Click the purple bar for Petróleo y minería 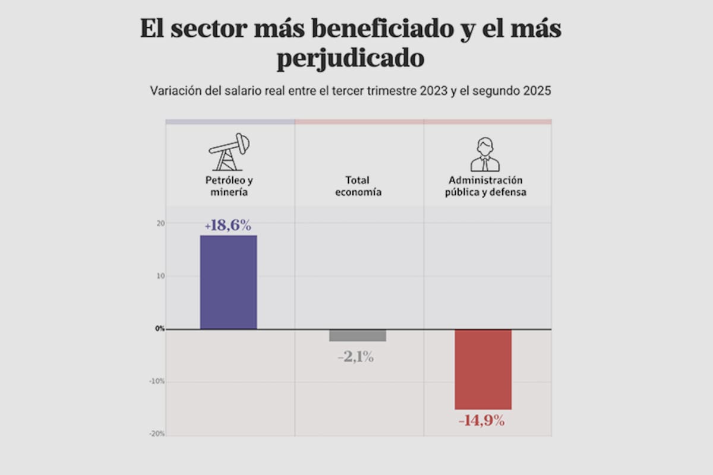tap(228, 282)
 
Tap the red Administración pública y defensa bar tap(483, 369)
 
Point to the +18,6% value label tap(228, 226)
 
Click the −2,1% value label tap(355, 357)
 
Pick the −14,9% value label tap(481, 422)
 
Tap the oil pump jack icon tap(229, 152)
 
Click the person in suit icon tap(485, 155)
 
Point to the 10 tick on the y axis tap(161, 276)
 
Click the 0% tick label tap(160, 328)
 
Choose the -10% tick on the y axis tap(157, 381)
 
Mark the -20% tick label tap(157, 434)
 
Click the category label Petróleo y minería tap(228, 186)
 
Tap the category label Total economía tap(358, 186)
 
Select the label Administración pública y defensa tap(485, 186)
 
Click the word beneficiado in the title tap(368, 29)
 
